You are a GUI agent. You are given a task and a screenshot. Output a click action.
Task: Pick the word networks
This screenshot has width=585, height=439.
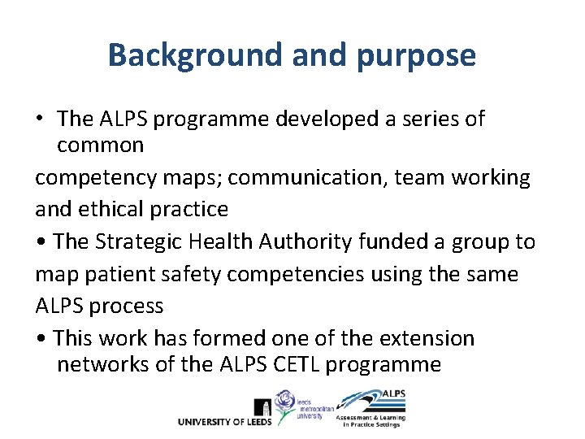coord(103,364)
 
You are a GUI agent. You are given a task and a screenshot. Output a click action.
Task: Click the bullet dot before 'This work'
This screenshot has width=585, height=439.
coord(43,339)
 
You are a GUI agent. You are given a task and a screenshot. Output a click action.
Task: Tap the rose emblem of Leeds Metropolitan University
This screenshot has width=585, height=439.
coord(287,402)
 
